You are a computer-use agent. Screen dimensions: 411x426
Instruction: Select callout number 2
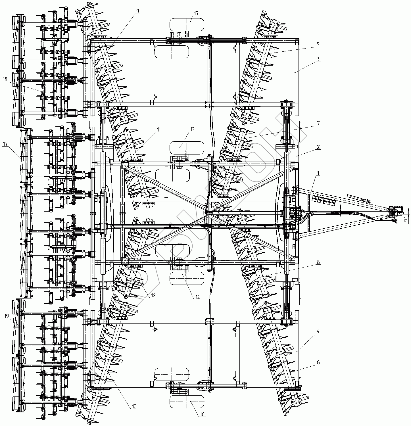click(318, 147)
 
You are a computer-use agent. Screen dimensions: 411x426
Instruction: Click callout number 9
click(138, 11)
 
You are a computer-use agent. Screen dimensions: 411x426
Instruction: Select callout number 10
click(134, 407)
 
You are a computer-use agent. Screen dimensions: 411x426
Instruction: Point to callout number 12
click(153, 296)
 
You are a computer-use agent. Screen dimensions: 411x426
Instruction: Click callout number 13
click(193, 130)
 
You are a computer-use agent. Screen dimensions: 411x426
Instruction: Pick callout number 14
click(197, 297)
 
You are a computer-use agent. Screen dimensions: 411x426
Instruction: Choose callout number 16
click(202, 414)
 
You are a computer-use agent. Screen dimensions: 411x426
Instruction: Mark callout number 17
click(5, 144)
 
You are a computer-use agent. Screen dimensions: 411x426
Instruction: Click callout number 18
click(5, 80)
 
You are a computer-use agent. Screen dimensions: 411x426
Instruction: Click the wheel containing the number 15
click(187, 25)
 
